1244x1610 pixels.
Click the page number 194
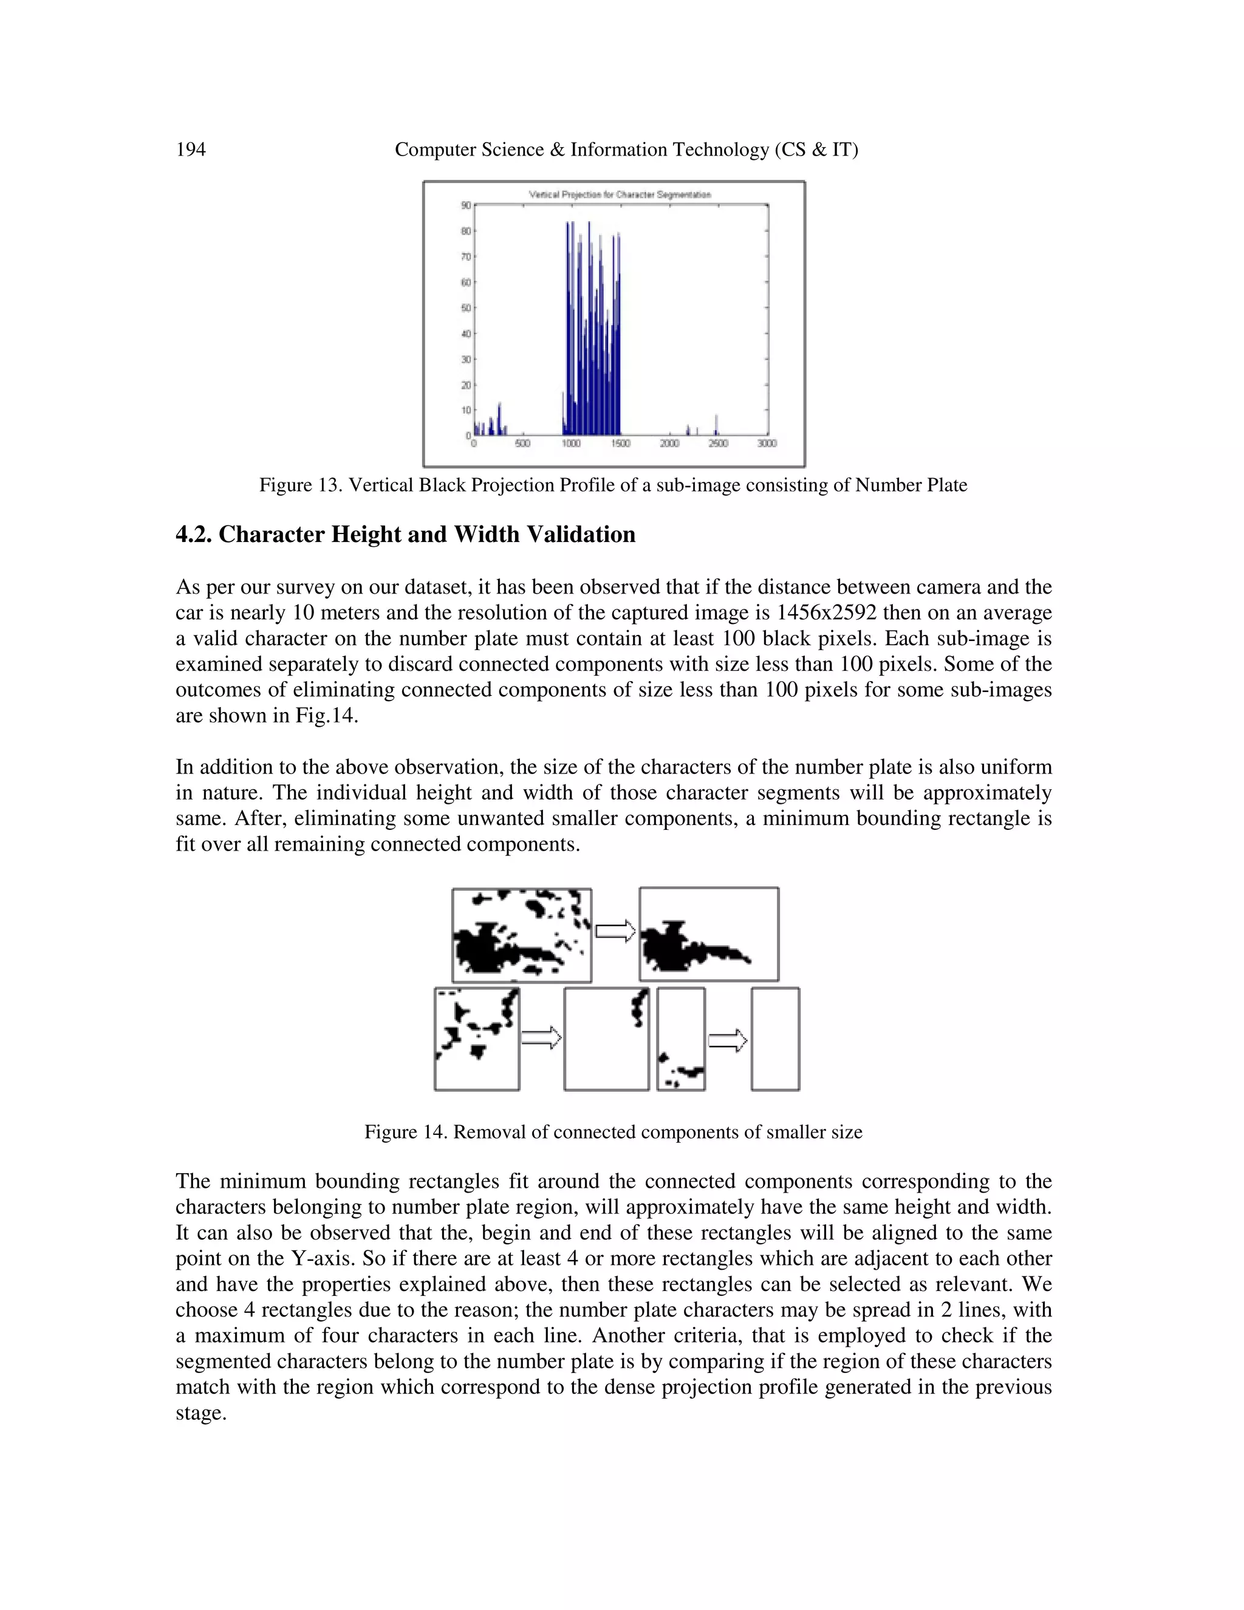click(x=191, y=149)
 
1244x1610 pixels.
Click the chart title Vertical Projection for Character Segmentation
click(x=620, y=194)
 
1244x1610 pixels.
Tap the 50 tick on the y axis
click(x=466, y=307)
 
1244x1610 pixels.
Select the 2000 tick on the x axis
click(x=669, y=444)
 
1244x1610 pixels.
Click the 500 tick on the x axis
click(x=522, y=444)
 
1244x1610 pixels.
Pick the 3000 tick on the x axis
click(x=767, y=444)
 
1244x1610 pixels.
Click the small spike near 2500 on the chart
click(x=716, y=425)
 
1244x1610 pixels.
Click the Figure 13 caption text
click(x=612, y=485)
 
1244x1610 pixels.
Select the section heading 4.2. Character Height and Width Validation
click(x=405, y=535)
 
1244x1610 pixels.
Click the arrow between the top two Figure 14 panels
click(x=615, y=931)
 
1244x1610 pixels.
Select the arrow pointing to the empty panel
click(x=727, y=1041)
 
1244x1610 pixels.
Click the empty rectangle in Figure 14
click(x=775, y=1040)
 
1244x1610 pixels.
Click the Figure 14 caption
click(x=612, y=1132)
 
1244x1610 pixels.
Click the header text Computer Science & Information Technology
click(x=626, y=149)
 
